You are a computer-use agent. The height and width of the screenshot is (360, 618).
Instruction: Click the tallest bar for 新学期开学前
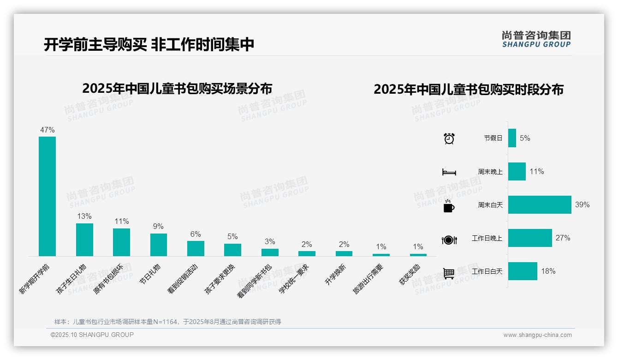(x=47, y=196)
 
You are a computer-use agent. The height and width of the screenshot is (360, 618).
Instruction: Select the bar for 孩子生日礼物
(x=84, y=240)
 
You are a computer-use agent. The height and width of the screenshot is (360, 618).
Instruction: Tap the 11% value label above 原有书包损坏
(x=122, y=222)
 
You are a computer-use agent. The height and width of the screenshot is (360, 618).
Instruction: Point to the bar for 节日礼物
(x=159, y=245)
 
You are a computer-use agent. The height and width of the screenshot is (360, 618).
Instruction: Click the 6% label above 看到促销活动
(x=196, y=234)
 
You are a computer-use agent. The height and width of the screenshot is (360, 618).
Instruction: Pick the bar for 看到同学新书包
(x=270, y=252)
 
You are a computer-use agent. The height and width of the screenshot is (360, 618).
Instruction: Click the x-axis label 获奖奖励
(x=410, y=275)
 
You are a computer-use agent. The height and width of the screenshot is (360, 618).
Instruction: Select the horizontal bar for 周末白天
(x=540, y=204)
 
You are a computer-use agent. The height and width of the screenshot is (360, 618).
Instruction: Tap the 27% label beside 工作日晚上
(x=563, y=238)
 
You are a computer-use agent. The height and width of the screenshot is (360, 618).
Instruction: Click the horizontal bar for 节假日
(x=512, y=138)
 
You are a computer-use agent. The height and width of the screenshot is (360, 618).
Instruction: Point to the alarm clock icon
(x=449, y=138)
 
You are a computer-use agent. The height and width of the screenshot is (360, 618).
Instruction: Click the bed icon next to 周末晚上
(x=449, y=172)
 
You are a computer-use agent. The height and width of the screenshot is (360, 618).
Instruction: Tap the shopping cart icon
(x=449, y=273)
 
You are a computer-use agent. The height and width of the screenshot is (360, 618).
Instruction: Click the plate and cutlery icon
(x=449, y=240)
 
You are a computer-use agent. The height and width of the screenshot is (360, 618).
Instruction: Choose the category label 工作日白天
(x=487, y=271)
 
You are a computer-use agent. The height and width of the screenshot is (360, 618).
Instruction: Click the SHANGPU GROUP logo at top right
(x=536, y=39)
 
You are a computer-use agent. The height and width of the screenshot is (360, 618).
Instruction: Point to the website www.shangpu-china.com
(x=537, y=335)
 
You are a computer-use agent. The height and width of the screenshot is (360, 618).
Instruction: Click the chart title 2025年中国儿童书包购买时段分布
(x=469, y=90)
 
